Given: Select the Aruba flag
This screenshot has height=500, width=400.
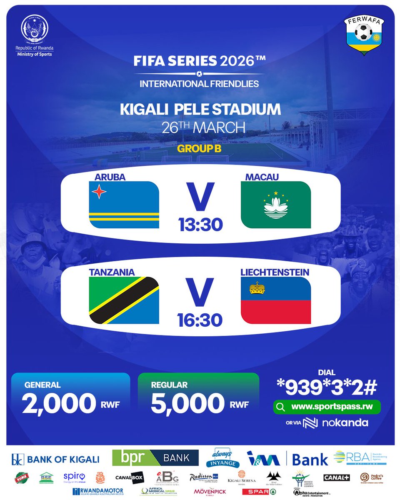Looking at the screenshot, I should [124, 205].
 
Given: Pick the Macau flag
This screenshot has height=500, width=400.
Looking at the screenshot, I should [276, 205].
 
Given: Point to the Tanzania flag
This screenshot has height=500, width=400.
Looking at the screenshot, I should [124, 300].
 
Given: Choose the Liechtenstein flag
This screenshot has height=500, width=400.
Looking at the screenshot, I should [276, 300].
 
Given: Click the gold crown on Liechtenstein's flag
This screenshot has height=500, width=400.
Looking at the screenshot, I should [257, 287].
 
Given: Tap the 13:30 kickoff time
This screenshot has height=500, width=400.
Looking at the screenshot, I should [200, 225].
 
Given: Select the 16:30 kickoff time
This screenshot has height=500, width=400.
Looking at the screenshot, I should [200, 320].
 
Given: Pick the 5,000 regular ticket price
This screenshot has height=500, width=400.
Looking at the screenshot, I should [187, 404].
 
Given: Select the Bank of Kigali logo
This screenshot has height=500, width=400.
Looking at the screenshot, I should [55, 459].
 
